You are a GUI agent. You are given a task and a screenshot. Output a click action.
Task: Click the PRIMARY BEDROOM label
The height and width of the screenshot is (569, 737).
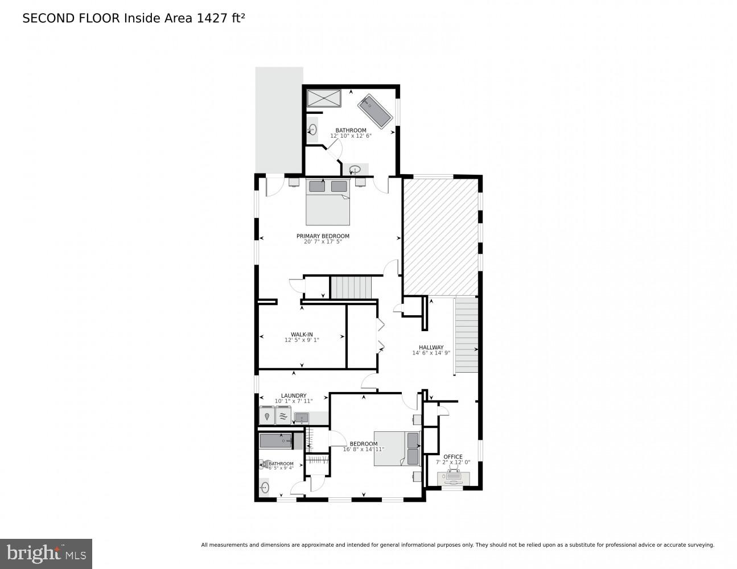[x=323, y=236]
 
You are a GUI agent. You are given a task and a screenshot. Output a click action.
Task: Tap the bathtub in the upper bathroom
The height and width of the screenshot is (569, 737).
[x=375, y=110]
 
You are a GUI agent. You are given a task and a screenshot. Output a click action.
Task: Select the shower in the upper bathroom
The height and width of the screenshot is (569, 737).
[x=324, y=98]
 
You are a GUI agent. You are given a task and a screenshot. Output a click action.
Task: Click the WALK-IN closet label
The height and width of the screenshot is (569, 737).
[x=302, y=335]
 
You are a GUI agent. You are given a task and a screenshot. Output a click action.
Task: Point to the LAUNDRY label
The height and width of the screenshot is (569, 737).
[x=294, y=395]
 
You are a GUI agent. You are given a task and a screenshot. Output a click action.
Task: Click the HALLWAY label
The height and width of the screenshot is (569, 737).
[x=431, y=347]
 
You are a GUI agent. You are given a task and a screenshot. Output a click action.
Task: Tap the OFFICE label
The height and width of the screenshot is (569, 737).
[x=453, y=456]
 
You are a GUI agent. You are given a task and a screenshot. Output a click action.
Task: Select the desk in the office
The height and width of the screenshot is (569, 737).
[x=454, y=479]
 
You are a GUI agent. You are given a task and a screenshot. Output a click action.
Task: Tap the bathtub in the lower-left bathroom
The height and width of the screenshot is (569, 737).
[x=276, y=440]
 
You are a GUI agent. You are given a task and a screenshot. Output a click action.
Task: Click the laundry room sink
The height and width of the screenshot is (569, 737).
[x=301, y=419]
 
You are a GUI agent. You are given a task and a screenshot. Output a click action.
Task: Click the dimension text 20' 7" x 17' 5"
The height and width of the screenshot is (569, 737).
[x=323, y=242]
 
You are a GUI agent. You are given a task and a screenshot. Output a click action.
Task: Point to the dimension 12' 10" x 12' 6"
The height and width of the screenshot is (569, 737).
[x=351, y=136]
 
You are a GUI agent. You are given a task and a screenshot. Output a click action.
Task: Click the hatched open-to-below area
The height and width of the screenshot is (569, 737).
[x=440, y=236]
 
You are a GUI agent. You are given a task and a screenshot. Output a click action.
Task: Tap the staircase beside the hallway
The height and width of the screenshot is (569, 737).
[x=466, y=336]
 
